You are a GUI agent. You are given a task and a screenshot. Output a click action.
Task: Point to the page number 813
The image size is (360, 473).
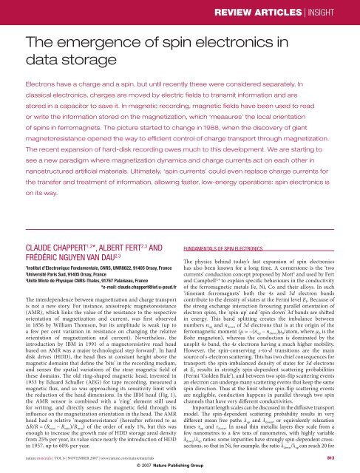345,457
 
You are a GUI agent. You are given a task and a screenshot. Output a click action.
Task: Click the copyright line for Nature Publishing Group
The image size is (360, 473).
180,467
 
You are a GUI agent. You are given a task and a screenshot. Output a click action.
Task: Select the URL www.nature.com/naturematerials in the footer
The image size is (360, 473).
126,458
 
